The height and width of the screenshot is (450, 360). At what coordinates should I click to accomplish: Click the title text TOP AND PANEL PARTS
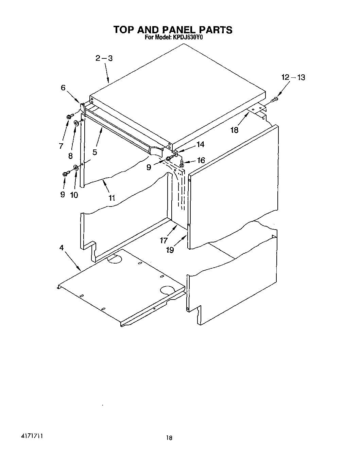(x=173, y=30)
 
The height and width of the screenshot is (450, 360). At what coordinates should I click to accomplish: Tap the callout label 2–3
(x=104, y=58)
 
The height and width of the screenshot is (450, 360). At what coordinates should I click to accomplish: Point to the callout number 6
(x=63, y=88)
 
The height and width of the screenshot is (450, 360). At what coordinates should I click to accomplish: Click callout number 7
(x=61, y=146)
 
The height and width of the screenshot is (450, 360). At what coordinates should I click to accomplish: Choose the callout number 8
(x=70, y=156)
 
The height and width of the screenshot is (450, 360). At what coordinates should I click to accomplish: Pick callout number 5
(x=95, y=152)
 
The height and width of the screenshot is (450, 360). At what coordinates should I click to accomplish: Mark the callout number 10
(x=74, y=195)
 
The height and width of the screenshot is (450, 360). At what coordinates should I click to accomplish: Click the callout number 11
(x=112, y=198)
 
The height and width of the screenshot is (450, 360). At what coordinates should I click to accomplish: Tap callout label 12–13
(x=293, y=77)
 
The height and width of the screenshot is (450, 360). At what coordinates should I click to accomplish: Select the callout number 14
(x=201, y=145)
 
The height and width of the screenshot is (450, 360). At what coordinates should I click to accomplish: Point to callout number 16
(x=201, y=160)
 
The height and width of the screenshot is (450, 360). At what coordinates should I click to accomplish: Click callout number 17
(x=164, y=240)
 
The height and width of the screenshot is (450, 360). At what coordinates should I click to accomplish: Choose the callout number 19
(x=170, y=250)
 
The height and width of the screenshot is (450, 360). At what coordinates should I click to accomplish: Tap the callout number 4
(x=62, y=248)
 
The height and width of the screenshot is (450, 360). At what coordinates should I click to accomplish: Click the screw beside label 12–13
(x=275, y=100)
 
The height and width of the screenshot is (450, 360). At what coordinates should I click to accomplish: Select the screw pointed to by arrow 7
(x=70, y=116)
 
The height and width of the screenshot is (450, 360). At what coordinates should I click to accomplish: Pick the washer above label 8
(x=76, y=123)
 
